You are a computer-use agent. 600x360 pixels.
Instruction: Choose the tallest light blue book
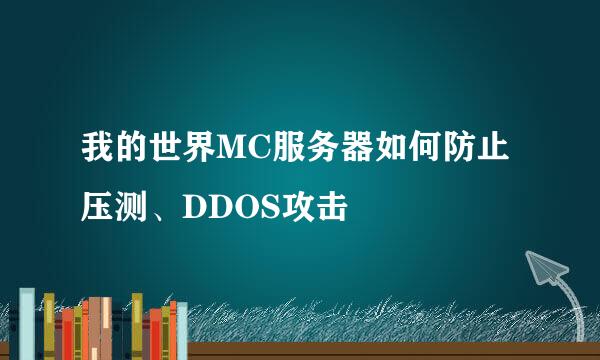pos(27,322)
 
